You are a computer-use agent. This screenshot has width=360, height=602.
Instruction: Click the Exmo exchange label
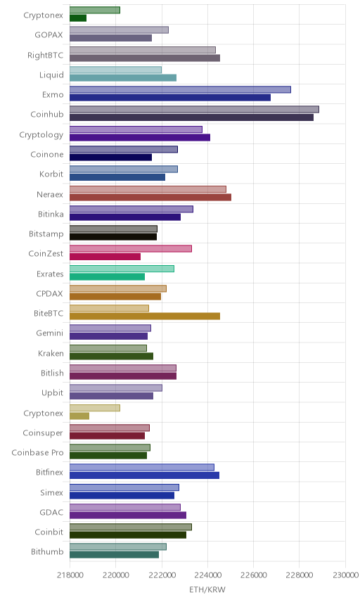point(53,94)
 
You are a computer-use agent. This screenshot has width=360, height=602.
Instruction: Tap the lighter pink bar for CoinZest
point(131,248)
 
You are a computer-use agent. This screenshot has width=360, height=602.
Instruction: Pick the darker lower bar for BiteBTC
point(145,316)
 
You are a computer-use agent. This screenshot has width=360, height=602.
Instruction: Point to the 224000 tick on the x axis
point(207,575)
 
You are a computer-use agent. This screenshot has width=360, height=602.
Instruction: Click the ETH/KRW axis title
point(207,589)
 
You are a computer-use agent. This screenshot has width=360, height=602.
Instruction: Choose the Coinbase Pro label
point(37,453)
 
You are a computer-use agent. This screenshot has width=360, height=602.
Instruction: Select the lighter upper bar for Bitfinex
point(142,467)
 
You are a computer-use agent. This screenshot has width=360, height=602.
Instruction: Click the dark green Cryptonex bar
point(78,18)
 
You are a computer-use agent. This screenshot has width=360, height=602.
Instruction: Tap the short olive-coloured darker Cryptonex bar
point(79,416)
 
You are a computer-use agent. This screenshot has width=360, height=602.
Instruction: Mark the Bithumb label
point(47,551)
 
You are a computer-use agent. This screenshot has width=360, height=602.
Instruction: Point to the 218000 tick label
point(70,575)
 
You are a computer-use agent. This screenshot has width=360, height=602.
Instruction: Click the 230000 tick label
point(345,575)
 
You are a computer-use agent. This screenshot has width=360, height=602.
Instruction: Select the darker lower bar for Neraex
point(150,197)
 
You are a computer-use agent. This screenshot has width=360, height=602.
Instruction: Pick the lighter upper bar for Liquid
point(115,70)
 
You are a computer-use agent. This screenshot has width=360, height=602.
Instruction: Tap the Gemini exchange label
point(50,333)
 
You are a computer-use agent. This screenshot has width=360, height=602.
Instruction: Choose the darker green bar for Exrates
point(107,276)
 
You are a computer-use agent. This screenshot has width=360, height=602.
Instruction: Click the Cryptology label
point(41,135)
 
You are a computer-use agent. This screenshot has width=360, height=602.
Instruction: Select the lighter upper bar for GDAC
point(125,507)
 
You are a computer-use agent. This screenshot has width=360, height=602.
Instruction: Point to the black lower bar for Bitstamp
point(113,237)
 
